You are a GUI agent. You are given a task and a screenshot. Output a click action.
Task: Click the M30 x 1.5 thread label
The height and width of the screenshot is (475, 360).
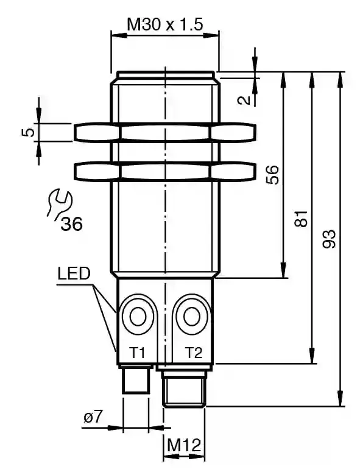point(165,24)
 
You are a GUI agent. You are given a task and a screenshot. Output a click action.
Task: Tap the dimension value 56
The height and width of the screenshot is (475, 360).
point(272,175)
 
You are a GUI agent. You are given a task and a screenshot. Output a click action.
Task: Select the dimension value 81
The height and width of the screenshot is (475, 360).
point(301,219)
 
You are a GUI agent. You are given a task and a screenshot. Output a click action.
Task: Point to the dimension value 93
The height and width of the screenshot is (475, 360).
point(329,239)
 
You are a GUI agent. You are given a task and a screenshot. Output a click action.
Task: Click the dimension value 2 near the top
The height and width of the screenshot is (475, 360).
point(244,100)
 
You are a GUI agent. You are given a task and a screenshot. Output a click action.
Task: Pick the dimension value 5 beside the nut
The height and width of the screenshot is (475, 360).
point(27,132)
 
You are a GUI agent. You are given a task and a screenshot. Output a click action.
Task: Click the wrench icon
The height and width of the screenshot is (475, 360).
point(60,203)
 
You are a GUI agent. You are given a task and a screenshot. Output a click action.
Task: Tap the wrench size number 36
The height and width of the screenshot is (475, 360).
point(71,224)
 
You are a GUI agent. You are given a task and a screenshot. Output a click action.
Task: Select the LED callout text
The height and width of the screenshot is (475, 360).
point(74,273)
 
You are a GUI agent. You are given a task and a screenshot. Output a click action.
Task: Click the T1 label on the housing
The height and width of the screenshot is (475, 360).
point(137,353)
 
